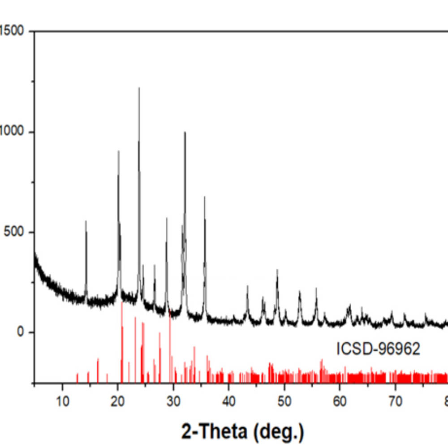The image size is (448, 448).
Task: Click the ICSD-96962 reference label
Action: pos(379,349)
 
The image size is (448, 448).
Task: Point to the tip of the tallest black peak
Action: pos(139,88)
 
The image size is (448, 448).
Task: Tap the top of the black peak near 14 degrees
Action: pos(86,221)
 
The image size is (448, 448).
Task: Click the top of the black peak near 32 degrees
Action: pos(185,132)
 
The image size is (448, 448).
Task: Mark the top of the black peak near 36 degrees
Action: pos(205,197)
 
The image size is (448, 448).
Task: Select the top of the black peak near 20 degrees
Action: pos(118,151)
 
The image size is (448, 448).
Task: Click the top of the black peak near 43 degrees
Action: pos(247,286)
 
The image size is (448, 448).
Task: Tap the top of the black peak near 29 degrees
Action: pos(167,218)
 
